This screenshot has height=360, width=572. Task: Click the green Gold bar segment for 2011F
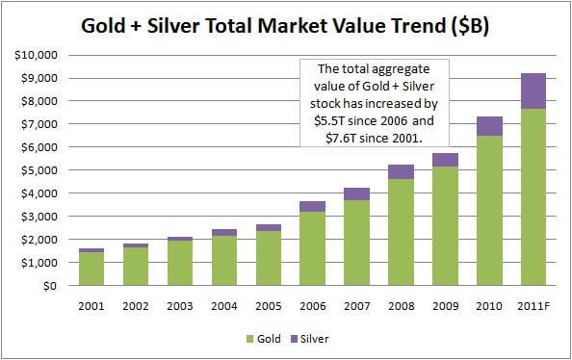click(x=533, y=196)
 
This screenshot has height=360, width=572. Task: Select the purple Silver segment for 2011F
click(x=533, y=90)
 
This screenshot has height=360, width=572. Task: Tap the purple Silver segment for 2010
click(x=488, y=125)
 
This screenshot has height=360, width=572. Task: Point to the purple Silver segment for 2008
click(x=401, y=171)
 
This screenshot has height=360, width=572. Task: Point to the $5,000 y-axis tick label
click(x=36, y=170)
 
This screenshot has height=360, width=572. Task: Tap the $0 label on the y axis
click(x=46, y=286)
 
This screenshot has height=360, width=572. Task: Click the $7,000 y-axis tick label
click(x=36, y=124)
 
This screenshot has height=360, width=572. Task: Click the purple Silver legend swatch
click(x=296, y=338)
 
